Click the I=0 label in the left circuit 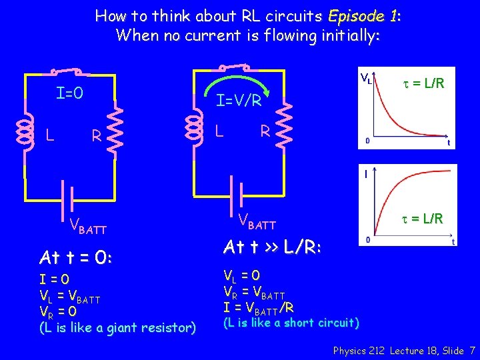[69, 93]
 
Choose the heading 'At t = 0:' [76, 257]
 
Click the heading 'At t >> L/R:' [272, 248]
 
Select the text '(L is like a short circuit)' [291, 323]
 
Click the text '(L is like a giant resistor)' [117, 327]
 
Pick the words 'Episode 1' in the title [363, 15]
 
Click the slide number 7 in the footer [472, 349]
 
